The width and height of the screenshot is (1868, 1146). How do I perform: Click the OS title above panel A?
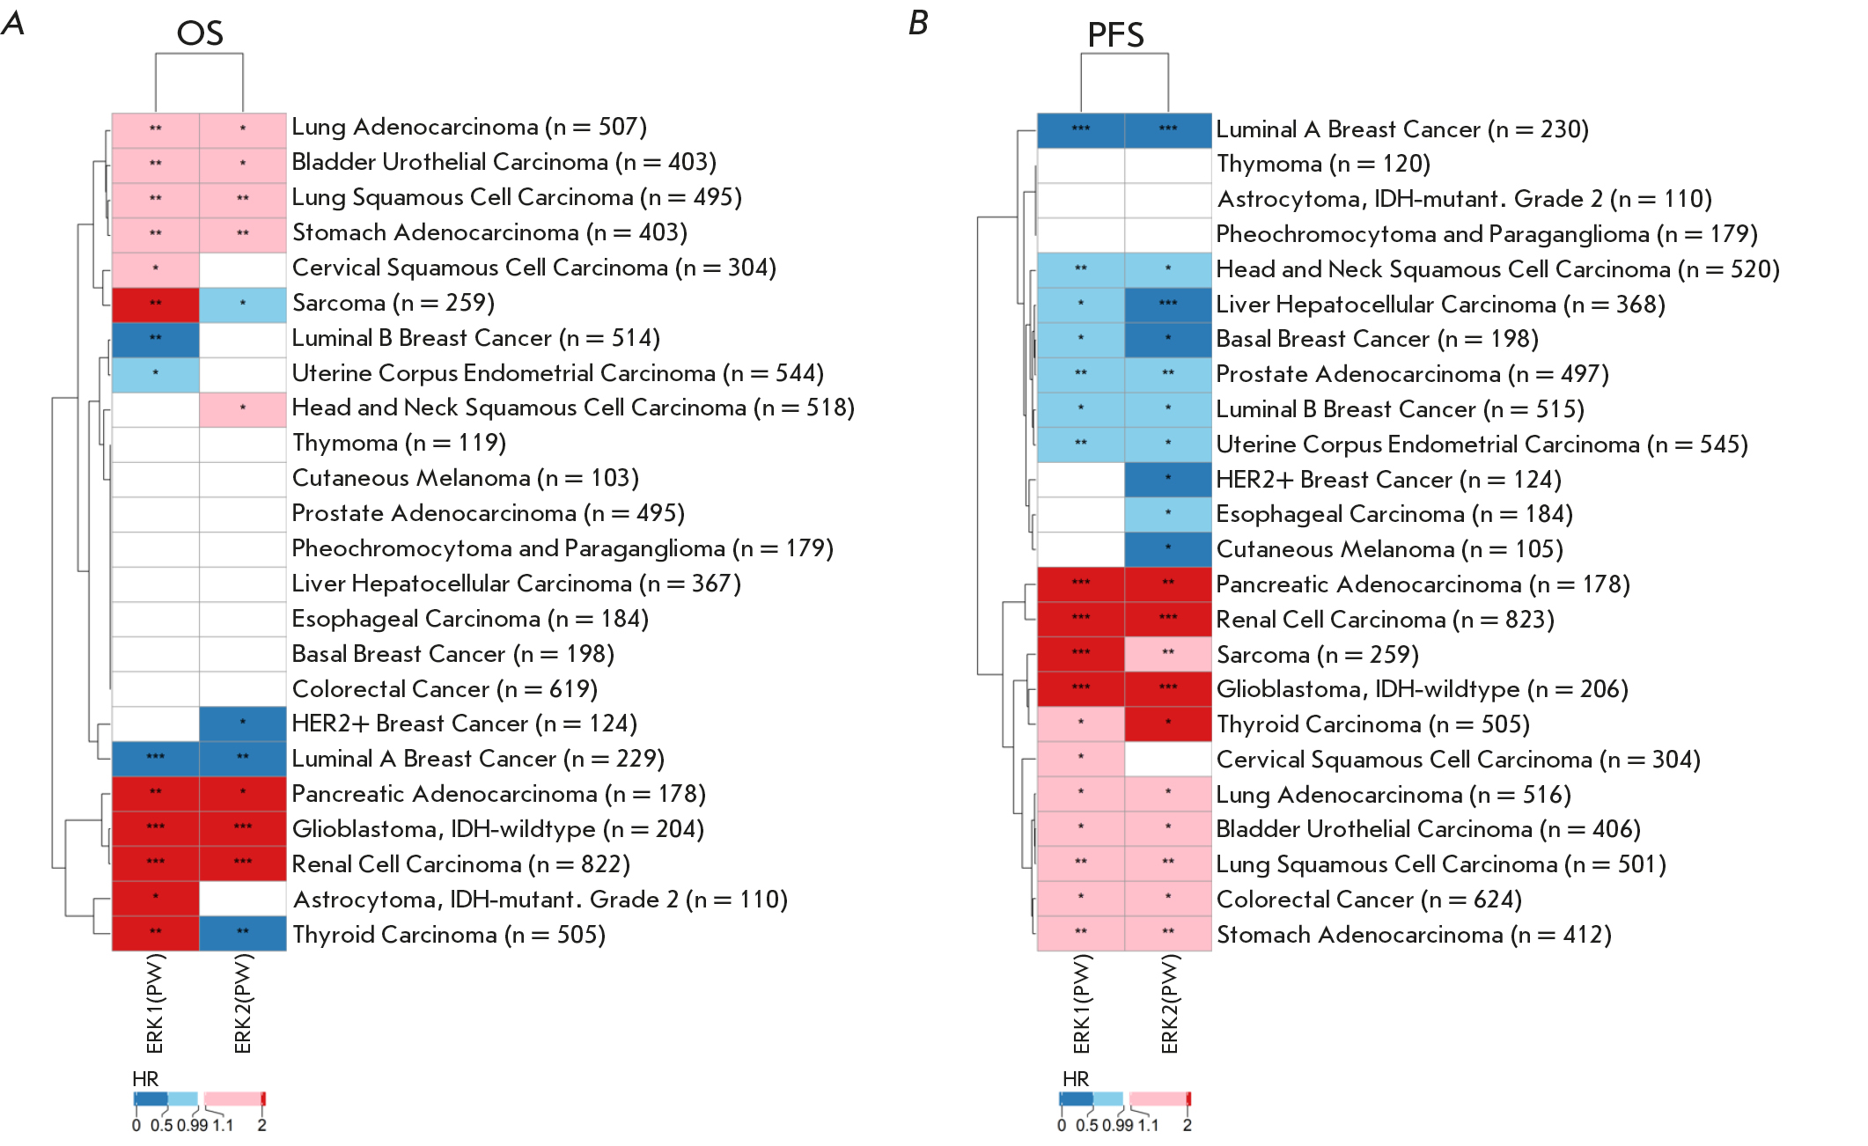tap(200, 33)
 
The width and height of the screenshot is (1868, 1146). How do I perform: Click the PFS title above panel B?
tap(1115, 35)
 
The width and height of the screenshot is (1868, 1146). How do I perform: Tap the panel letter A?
tap(13, 23)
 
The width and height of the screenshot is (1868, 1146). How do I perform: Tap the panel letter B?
tap(918, 23)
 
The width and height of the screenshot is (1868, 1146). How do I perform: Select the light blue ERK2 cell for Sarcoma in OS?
tap(243, 304)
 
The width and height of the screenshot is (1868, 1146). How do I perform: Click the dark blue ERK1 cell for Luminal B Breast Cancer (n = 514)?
tap(156, 339)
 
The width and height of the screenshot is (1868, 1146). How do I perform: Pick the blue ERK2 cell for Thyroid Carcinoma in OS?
tap(243, 933)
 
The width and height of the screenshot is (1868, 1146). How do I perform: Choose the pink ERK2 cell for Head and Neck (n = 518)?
tap(243, 408)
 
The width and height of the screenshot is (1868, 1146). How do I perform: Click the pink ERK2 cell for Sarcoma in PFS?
tap(1168, 654)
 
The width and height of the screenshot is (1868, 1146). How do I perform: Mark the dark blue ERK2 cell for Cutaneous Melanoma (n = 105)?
tap(1168, 549)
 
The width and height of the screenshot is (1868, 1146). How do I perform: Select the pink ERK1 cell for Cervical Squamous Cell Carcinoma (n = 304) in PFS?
tap(1081, 759)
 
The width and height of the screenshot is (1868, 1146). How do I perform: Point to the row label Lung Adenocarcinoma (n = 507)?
tap(469, 128)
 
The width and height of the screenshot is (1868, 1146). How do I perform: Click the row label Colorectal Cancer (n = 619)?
tap(445, 689)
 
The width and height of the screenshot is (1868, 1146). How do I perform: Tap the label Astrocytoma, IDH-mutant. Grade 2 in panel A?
tap(540, 900)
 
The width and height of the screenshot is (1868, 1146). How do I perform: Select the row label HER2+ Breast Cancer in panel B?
tap(1388, 480)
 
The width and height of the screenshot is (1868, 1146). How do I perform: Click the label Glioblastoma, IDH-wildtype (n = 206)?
tap(1422, 689)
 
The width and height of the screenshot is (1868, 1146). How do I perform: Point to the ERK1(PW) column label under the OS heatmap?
tap(156, 1004)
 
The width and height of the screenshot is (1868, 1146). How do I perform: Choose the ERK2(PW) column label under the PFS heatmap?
tap(1169, 1004)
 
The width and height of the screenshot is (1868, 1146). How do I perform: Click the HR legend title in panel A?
tap(145, 1079)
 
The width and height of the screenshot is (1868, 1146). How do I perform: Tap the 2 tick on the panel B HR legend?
tap(1188, 1126)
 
